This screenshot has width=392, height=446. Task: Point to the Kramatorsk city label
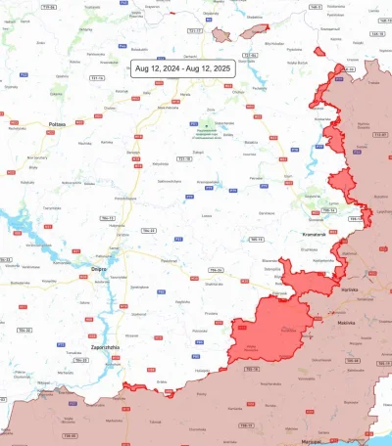(314, 237)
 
